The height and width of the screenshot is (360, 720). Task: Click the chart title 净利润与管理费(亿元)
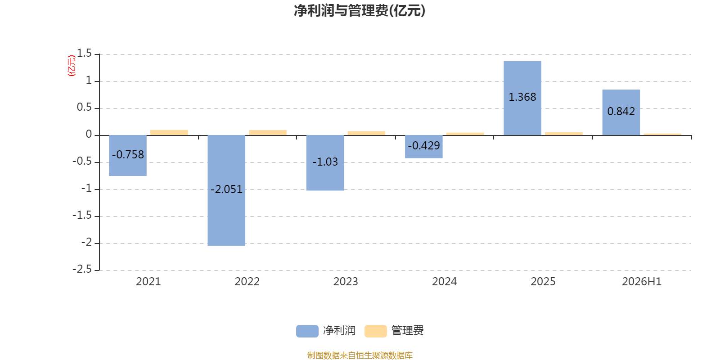coord(360,11)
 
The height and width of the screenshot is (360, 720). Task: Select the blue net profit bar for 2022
coord(226,190)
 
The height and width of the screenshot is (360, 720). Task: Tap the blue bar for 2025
coord(522,98)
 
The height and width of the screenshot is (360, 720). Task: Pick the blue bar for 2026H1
coord(621,112)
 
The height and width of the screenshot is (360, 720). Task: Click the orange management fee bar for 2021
coord(169,132)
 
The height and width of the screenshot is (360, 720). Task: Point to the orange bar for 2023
coord(366,133)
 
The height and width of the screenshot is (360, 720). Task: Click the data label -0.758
coord(128,155)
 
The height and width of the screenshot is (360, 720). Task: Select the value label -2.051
coord(226,189)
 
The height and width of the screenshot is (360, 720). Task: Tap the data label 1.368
coord(522,97)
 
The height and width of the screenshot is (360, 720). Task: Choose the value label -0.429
coord(423,146)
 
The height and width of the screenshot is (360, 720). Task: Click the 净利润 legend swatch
coord(307,331)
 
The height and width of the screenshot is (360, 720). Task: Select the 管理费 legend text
coord(407,330)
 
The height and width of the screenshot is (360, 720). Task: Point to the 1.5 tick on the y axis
coord(84,54)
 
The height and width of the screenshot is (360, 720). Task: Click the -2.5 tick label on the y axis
coord(82,269)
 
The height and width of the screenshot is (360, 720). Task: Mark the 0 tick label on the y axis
coord(89,135)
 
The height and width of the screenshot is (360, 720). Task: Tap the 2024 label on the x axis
coord(444,282)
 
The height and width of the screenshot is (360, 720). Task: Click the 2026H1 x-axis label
coord(642,282)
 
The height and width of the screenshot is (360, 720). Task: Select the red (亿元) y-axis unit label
coord(72,66)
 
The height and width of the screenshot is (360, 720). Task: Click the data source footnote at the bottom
coord(360,355)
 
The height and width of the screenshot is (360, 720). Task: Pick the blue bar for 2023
coord(325,163)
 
